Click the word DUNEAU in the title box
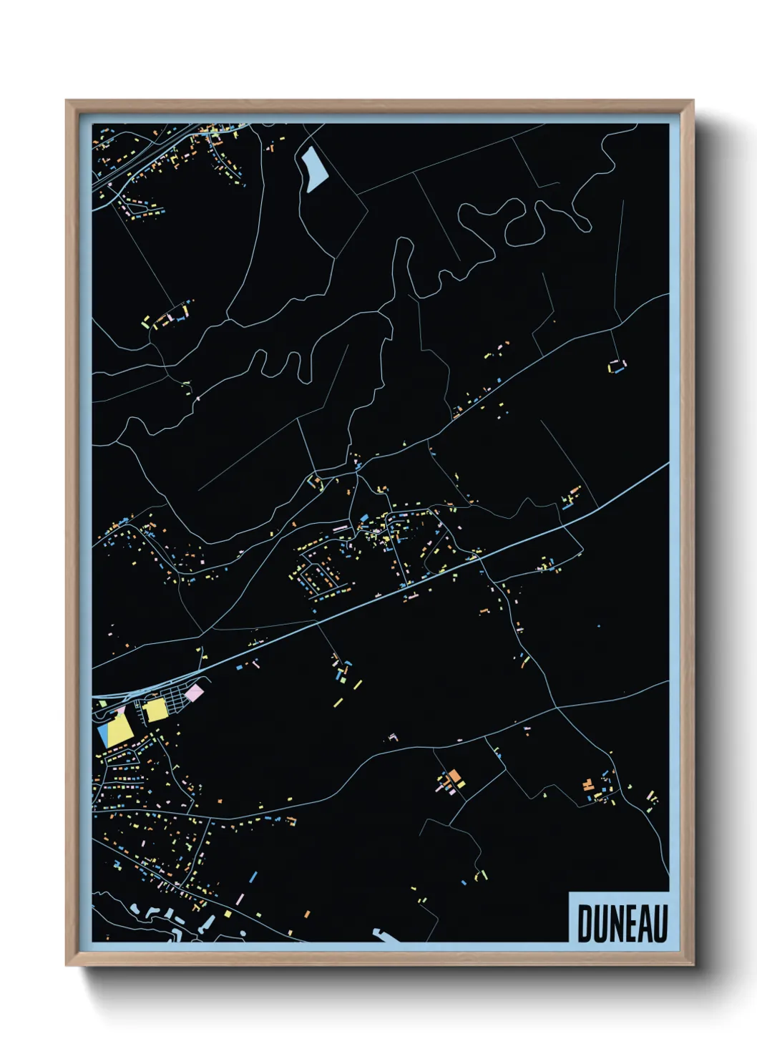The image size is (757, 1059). [x=622, y=924]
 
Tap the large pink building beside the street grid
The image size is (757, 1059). [x=193, y=692]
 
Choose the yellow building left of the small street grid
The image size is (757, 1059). [x=155, y=710]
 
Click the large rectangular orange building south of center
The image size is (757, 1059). [x=454, y=776]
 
